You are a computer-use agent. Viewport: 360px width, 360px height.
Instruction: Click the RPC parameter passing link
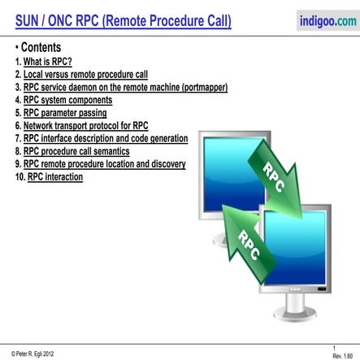[65, 113]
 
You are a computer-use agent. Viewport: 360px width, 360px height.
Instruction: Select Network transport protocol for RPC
[85, 126]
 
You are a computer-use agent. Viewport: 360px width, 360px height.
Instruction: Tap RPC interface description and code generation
[106, 139]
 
